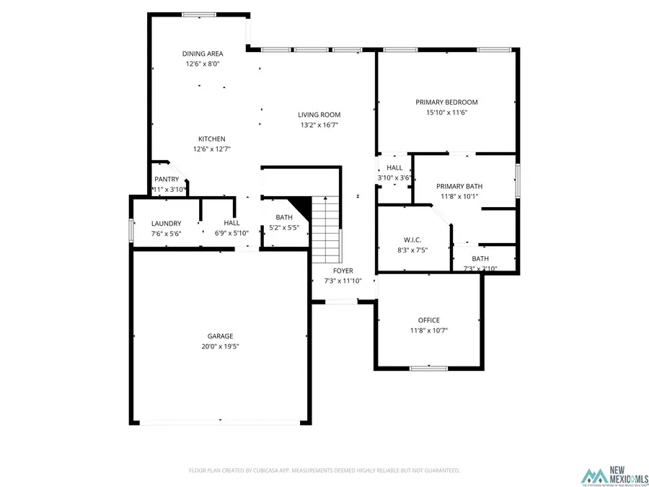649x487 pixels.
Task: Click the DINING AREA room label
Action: tap(202, 53)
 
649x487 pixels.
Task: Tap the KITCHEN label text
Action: tap(212, 139)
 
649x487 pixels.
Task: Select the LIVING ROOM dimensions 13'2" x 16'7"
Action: tap(319, 125)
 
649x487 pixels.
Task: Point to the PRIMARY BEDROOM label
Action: tap(446, 102)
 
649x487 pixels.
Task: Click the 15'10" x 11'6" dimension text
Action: tap(446, 112)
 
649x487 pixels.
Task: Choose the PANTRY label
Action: tap(166, 180)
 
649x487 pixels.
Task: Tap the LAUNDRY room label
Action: tap(166, 224)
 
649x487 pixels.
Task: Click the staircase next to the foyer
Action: tap(326, 231)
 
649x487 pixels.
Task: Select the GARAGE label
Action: tap(220, 336)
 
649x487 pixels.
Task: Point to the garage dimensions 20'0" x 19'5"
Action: tap(220, 346)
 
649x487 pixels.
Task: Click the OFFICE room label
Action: tap(428, 320)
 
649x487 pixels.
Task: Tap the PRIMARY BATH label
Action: tap(459, 186)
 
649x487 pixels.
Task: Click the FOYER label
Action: tap(343, 271)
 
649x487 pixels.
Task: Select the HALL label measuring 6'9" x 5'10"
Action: tap(231, 224)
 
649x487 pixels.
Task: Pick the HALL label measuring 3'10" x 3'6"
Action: tap(394, 167)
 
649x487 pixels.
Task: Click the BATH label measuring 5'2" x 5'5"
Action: tap(284, 217)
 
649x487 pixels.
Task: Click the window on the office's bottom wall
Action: tap(428, 369)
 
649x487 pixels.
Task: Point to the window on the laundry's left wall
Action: tap(131, 229)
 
